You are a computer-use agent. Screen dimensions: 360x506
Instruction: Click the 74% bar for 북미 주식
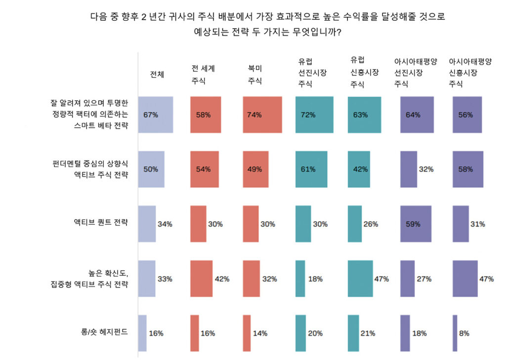pos(262,115)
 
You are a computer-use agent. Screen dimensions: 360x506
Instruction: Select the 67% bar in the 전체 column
pos(156,115)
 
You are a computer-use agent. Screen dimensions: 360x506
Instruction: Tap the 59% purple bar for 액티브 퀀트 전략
pos(416,224)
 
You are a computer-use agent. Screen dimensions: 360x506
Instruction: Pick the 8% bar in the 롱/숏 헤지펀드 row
pos(455,333)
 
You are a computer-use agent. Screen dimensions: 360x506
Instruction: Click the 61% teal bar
pos(311,169)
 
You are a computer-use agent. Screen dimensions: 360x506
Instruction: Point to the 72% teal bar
pos(314,115)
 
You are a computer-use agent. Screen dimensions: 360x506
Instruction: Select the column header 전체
pos(157,75)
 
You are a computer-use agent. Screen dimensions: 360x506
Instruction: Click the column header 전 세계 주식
pos(203,75)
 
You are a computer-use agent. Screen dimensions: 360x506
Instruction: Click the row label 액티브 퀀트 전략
pos(101,222)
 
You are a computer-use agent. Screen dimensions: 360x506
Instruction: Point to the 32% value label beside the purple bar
pos(426,169)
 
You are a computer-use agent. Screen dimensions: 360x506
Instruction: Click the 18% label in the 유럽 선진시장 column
pos(315,279)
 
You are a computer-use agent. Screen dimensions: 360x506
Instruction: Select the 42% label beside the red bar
pos(222,279)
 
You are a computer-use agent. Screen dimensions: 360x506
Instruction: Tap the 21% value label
pos(367,333)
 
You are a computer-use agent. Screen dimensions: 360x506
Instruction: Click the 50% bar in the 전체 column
pos(151,169)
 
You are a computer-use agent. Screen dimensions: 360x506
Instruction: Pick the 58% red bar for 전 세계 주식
pos(206,115)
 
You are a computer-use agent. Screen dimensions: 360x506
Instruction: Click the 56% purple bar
pos(467,115)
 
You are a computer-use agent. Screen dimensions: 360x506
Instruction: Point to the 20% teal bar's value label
pos(315,333)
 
